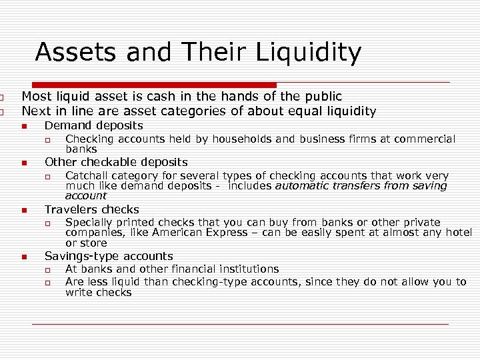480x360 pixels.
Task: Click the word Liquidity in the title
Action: pyautogui.click(x=309, y=52)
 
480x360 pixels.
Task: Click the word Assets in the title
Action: pyautogui.click(x=69, y=52)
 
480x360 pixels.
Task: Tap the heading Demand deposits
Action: pyautogui.click(x=93, y=125)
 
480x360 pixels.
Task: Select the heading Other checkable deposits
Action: pyautogui.click(x=116, y=162)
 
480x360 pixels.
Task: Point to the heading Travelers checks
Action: pyautogui.click(x=91, y=209)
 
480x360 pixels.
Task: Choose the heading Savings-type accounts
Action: pyautogui.click(x=108, y=256)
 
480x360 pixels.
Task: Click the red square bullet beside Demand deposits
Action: pyautogui.click(x=23, y=126)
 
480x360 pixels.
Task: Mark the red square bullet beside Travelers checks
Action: pyautogui.click(x=23, y=210)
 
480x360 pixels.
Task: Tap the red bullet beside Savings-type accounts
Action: pyautogui.click(x=23, y=257)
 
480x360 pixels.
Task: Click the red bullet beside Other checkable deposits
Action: pyautogui.click(x=23, y=163)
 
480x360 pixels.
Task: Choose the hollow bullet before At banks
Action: pyautogui.click(x=47, y=269)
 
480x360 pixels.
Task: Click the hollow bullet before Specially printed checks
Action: pyautogui.click(x=47, y=223)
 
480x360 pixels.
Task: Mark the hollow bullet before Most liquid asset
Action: pyautogui.click(x=3, y=97)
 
